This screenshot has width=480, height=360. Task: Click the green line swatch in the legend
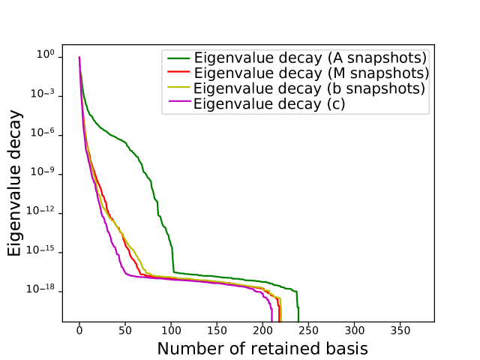(178, 58)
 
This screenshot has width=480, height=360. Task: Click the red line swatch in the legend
(178, 73)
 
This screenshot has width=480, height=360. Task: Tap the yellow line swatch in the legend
(178, 88)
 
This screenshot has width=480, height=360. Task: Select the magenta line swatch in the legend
(178, 103)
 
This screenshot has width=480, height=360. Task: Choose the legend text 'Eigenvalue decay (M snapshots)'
(311, 73)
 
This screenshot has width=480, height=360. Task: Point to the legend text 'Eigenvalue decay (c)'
(269, 103)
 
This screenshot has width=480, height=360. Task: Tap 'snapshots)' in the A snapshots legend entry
(388, 58)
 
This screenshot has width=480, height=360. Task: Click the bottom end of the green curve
(298, 322)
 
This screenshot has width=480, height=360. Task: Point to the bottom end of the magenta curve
(271, 322)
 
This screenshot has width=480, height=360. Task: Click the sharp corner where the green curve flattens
(173, 272)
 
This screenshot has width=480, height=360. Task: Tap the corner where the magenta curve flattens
(124, 274)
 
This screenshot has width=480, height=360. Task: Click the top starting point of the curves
(79, 58)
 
